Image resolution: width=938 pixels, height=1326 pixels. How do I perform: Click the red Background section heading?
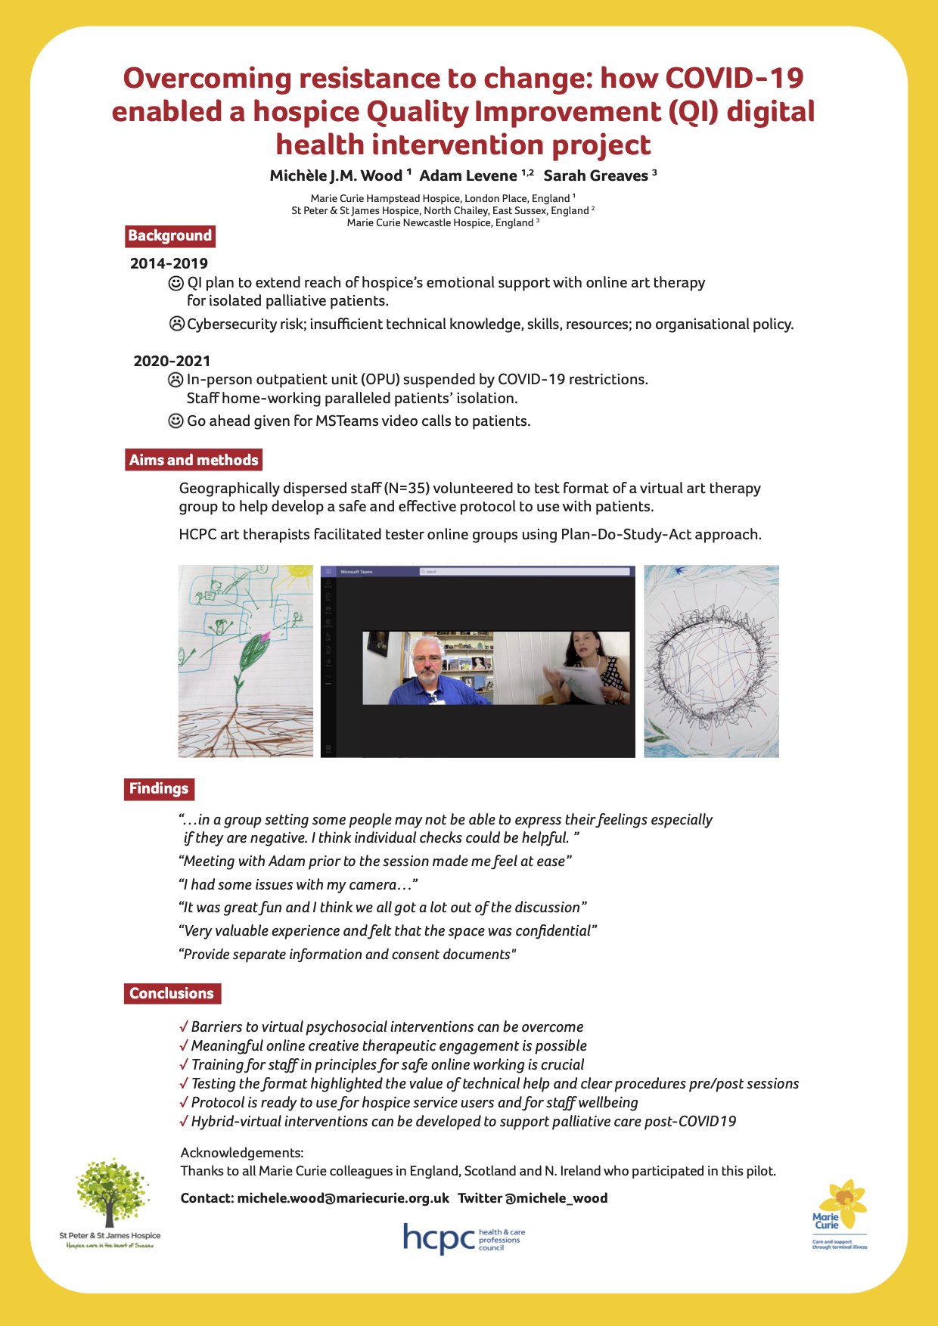coord(169,236)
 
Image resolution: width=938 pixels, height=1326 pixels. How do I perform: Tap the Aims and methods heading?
coord(194,460)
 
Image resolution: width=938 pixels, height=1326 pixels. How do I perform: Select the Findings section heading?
coord(159,789)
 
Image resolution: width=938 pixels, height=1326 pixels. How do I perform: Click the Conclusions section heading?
coord(172,993)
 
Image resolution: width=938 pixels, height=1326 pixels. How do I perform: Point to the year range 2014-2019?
coord(169,263)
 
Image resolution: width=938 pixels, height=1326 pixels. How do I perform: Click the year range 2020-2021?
coord(172,361)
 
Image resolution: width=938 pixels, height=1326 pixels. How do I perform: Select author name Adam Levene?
coord(468,176)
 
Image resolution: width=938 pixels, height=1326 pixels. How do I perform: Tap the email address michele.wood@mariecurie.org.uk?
coord(343,1198)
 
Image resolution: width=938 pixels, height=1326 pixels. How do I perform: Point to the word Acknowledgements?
coord(241,1153)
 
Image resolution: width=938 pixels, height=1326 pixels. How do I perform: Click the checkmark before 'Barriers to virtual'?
coord(184,1026)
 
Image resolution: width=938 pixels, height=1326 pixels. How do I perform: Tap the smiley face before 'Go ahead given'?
coord(175,421)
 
